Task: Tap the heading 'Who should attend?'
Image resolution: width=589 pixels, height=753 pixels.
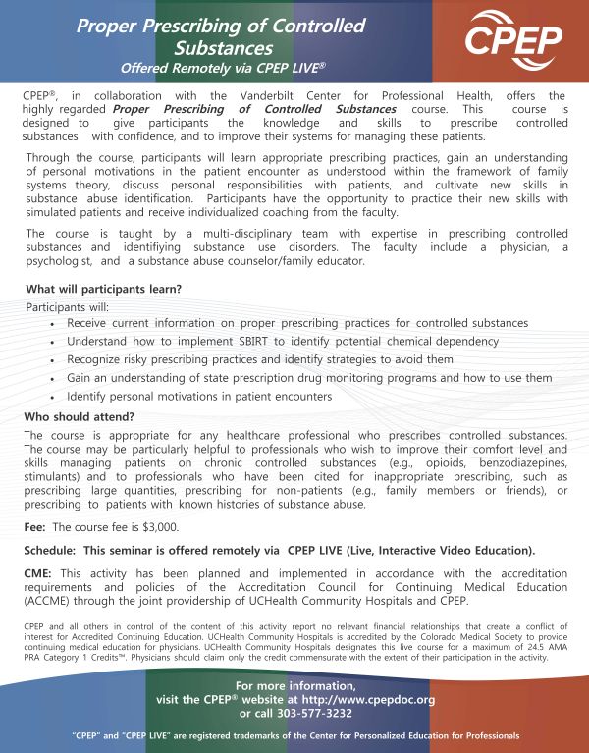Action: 80,416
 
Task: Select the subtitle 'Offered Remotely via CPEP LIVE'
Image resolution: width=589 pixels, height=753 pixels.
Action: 223,69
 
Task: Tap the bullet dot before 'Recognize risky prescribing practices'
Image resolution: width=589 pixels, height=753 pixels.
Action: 51,359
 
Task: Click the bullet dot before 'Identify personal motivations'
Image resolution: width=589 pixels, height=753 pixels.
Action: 51,397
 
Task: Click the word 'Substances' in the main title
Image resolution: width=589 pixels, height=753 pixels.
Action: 221,46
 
